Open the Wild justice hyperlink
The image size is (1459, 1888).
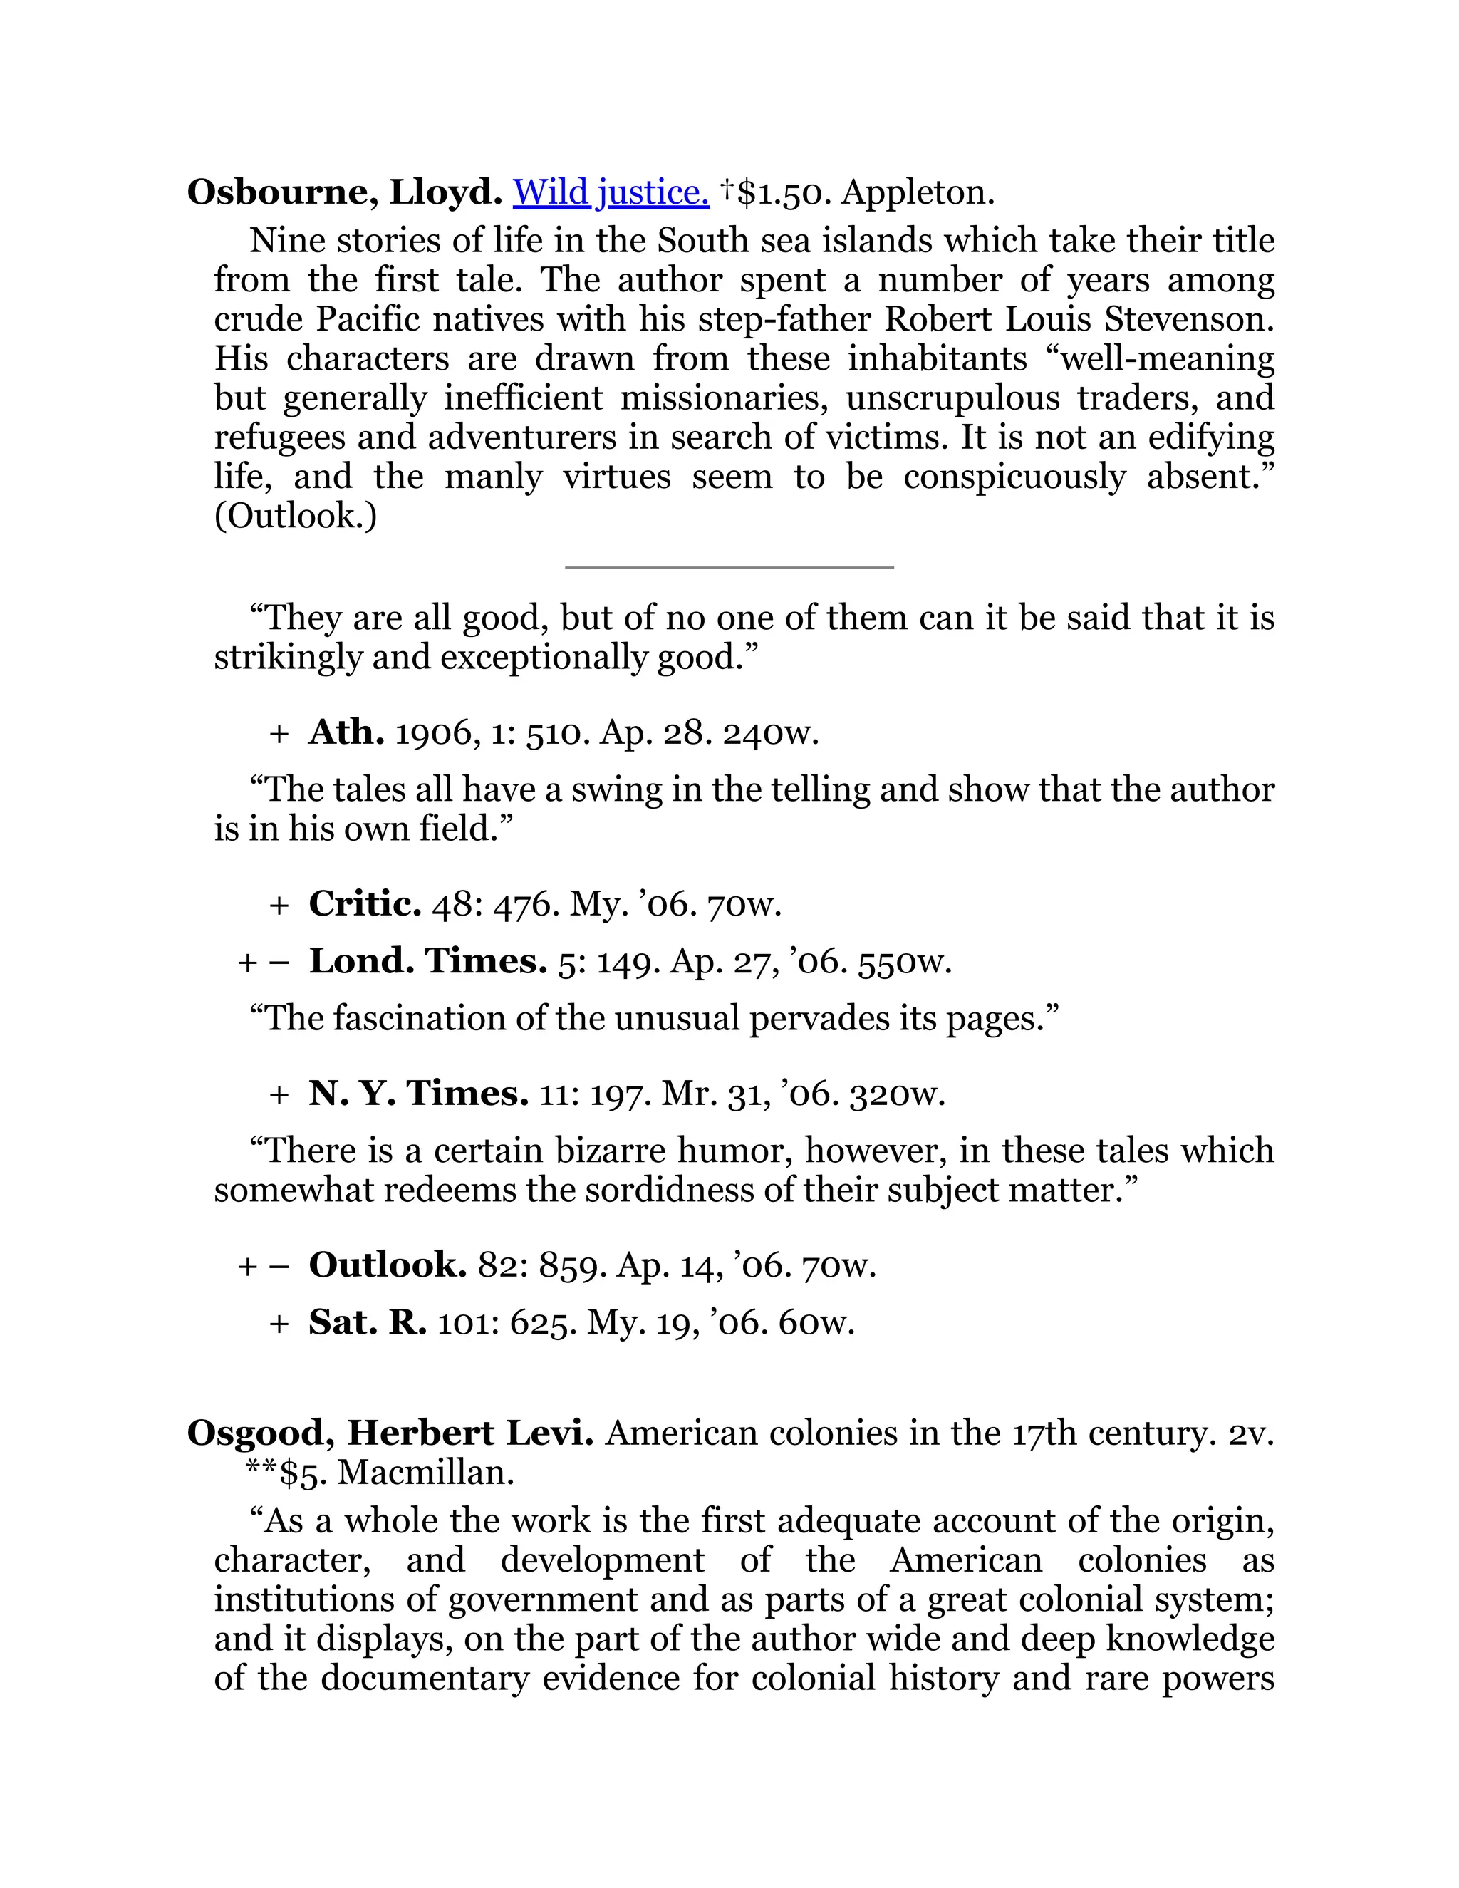(x=611, y=192)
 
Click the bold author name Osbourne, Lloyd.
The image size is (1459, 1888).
(x=344, y=192)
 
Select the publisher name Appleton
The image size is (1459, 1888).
(x=918, y=192)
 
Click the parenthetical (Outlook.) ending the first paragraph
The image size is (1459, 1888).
(x=296, y=516)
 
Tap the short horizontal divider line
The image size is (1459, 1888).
(x=729, y=567)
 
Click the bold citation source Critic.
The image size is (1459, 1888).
(x=365, y=903)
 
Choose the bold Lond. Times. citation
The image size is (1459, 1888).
(x=428, y=960)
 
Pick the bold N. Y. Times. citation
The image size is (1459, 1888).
(x=418, y=1094)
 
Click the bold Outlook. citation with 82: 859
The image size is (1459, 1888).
(x=388, y=1265)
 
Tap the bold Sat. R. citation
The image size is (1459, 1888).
(x=368, y=1322)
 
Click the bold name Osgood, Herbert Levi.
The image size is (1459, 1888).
(x=390, y=1433)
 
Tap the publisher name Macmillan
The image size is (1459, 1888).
(x=425, y=1472)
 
